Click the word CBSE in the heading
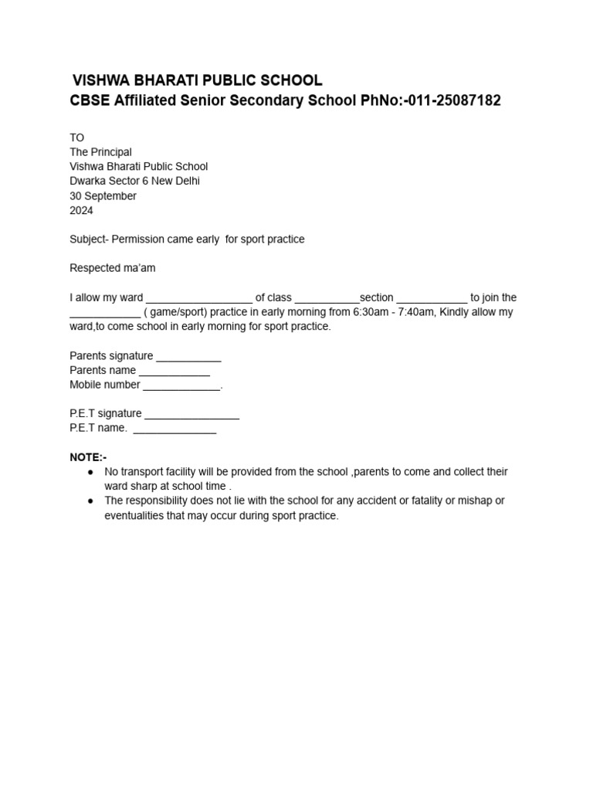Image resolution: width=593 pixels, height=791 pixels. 90,101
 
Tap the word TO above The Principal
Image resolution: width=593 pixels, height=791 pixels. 76,137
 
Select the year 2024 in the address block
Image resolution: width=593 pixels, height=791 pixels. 81,210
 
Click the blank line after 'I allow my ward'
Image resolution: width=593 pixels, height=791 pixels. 198,299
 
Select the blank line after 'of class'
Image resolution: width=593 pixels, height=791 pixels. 327,299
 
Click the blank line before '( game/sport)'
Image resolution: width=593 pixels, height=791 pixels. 105,314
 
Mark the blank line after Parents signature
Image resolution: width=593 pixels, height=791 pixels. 188,358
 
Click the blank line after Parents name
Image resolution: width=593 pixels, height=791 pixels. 175,372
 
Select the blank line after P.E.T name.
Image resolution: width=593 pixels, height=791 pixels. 175,429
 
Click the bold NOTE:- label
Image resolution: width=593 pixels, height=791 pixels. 88,457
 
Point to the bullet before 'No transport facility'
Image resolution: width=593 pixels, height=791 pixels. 91,472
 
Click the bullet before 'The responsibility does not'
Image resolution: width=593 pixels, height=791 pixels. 91,501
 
